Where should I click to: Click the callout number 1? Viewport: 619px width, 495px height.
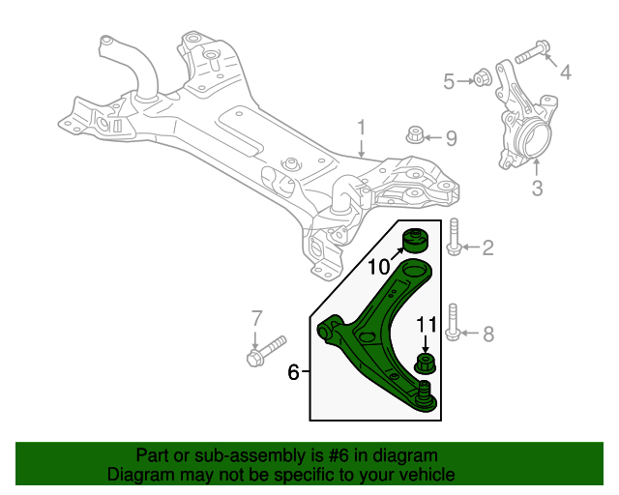point(361,128)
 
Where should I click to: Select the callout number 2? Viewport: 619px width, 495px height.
point(487,248)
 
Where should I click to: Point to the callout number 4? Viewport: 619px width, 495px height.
point(565,71)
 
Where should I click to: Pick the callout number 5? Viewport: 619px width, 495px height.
point(449,81)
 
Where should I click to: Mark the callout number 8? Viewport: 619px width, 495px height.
point(487,335)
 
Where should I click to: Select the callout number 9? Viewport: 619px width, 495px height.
point(451,138)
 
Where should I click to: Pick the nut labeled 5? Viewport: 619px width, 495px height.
point(480,78)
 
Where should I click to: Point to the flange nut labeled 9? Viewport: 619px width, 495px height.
point(413,136)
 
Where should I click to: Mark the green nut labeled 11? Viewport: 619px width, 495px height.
point(425,364)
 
